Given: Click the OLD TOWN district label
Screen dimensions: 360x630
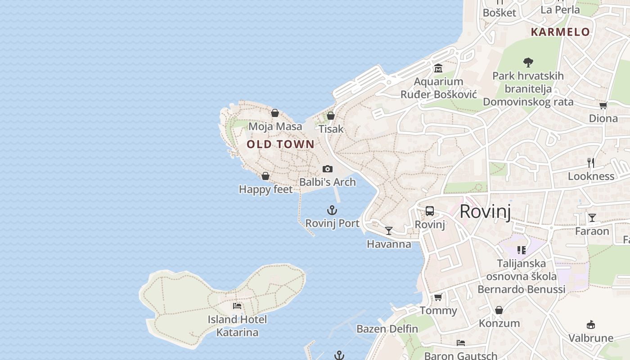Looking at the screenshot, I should (x=280, y=144).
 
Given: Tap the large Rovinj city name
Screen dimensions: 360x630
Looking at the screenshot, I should (x=485, y=211).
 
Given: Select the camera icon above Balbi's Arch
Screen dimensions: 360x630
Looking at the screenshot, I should (x=328, y=169).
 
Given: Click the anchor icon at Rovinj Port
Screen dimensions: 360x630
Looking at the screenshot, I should (x=332, y=210).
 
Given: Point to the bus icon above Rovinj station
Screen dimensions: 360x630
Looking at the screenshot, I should (x=430, y=211).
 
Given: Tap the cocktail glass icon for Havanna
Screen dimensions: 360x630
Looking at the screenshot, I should (x=389, y=231).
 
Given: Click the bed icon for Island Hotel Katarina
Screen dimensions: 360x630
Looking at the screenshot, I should (x=237, y=306).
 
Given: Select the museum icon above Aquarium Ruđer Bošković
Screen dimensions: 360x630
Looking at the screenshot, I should (x=438, y=68).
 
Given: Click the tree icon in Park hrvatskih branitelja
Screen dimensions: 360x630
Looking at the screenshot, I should (x=528, y=62).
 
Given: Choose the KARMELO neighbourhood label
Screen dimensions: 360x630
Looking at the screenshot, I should (x=560, y=32).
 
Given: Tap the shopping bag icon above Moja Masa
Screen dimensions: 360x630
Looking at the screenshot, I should (x=275, y=113).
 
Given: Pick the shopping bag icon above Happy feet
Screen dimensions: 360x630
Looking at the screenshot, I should (x=265, y=176).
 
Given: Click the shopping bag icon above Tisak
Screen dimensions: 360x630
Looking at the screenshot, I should (x=331, y=116).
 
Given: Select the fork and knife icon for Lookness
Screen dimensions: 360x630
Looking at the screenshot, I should (x=591, y=163).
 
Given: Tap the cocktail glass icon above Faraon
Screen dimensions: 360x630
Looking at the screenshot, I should (x=592, y=218).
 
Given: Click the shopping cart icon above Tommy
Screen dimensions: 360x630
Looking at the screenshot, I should (x=438, y=297).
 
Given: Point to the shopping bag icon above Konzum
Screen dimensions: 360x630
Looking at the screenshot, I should (x=499, y=310).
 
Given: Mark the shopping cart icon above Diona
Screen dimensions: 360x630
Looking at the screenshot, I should (x=603, y=105).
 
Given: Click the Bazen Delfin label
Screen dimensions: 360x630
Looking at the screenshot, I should (x=387, y=329).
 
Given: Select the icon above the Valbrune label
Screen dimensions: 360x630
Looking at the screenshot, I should (x=591, y=325).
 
